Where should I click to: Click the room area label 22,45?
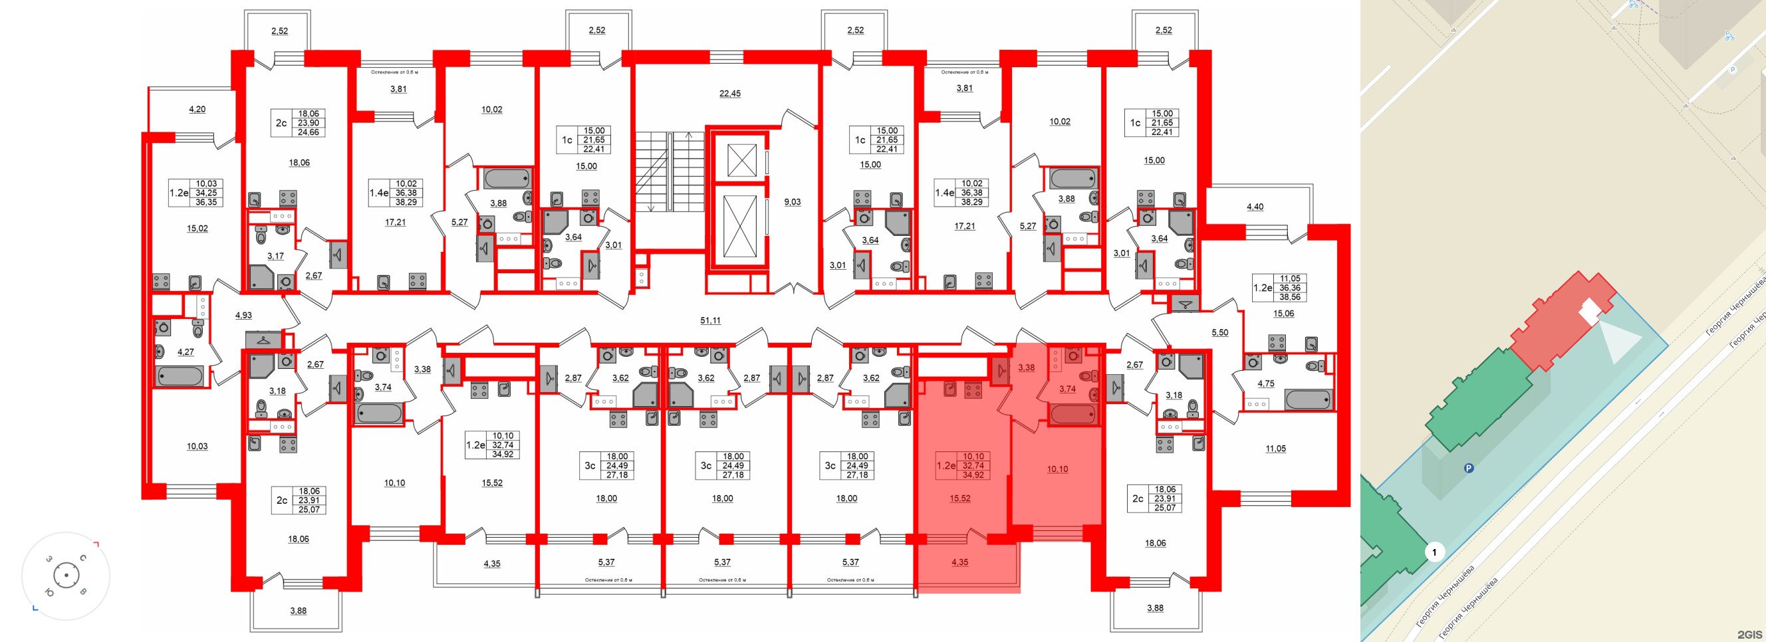729,94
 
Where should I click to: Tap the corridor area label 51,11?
710,320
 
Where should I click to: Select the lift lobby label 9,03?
792,202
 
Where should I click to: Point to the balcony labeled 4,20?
197,110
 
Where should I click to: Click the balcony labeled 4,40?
1255,207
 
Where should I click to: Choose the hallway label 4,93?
243,316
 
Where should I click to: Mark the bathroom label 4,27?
185,352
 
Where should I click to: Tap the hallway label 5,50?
1219,333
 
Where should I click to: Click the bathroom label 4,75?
1265,383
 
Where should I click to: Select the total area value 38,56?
1289,297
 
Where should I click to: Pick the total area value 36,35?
205,202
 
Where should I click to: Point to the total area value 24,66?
309,132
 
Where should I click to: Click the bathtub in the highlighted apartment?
1073,414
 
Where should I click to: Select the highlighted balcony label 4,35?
959,562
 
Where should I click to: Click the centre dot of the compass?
66,575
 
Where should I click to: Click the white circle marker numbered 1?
1434,552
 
